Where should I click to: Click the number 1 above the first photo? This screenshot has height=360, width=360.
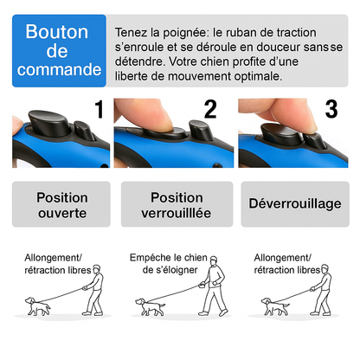[x=99, y=110]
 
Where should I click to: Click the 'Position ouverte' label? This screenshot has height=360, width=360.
[x=61, y=204]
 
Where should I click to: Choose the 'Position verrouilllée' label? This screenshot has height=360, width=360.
[x=177, y=204]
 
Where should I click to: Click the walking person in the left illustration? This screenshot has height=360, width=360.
[x=95, y=292]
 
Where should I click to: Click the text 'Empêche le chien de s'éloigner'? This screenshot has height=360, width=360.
[x=170, y=263]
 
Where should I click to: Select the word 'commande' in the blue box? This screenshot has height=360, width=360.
[x=58, y=70]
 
